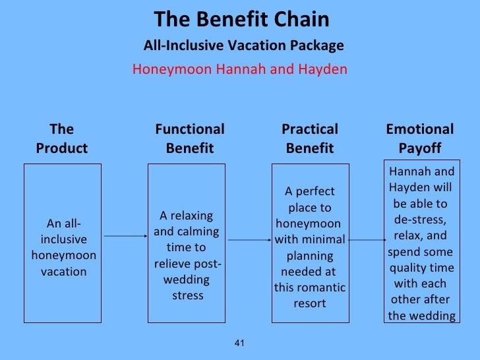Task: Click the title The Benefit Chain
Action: [x=241, y=20]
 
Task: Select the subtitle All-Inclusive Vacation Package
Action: [x=243, y=46]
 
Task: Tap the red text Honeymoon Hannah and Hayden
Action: [x=239, y=69]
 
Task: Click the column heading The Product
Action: [x=62, y=138]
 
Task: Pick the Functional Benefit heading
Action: [x=190, y=138]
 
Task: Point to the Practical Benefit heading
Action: [x=310, y=138]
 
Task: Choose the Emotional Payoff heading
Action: [x=420, y=138]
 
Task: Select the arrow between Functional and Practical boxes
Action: [x=251, y=240]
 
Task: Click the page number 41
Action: [x=239, y=342]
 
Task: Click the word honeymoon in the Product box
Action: [x=63, y=255]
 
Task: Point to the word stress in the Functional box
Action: [x=188, y=295]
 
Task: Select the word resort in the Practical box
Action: [x=310, y=303]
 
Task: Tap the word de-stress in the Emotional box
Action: [x=419, y=219]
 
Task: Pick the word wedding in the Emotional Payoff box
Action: [x=431, y=316]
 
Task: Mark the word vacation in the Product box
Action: [x=63, y=271]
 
